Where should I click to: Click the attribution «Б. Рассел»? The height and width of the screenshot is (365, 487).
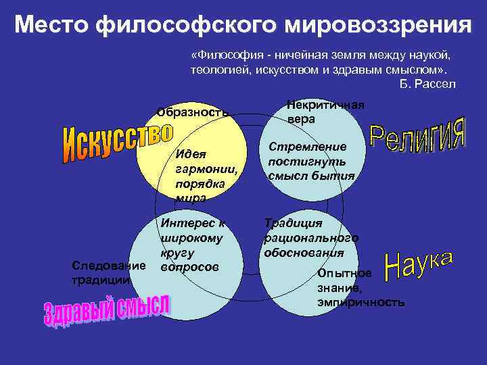(428, 84)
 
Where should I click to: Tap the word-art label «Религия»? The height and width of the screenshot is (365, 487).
(418, 135)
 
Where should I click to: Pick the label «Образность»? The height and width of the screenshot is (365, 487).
(193, 112)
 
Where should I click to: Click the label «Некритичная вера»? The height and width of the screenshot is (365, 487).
(325, 112)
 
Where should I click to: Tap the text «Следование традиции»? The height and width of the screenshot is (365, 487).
(101, 272)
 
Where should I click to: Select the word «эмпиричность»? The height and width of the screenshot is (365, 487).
(361, 301)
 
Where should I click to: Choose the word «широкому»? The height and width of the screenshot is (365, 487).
(192, 238)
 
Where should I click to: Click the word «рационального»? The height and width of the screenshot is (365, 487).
(311, 238)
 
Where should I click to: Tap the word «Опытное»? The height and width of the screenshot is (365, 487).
(344, 273)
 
